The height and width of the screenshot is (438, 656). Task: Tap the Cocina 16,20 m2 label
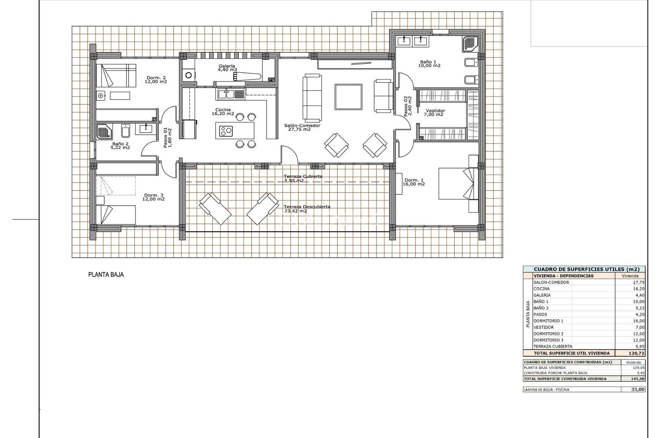coord(223,112)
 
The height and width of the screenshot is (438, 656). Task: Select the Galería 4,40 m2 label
coord(227,68)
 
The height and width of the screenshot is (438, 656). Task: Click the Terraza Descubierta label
coord(307,207)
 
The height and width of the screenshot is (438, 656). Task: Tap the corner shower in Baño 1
coord(470,44)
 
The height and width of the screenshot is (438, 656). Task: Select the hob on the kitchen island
coord(226,131)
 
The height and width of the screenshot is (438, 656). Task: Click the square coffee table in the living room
coord(348,97)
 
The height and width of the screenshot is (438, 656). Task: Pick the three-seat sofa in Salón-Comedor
coord(312,98)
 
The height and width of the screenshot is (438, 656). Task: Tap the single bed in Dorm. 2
coord(115,75)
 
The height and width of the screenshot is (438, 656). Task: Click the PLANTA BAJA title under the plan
coord(106,274)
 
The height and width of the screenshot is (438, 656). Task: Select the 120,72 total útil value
coord(636,353)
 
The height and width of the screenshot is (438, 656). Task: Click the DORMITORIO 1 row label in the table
coord(548,321)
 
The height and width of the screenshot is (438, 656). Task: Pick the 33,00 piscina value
coord(638,389)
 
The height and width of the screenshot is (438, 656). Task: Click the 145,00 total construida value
coord(638,378)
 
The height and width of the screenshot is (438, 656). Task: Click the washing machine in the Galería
coord(188,75)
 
